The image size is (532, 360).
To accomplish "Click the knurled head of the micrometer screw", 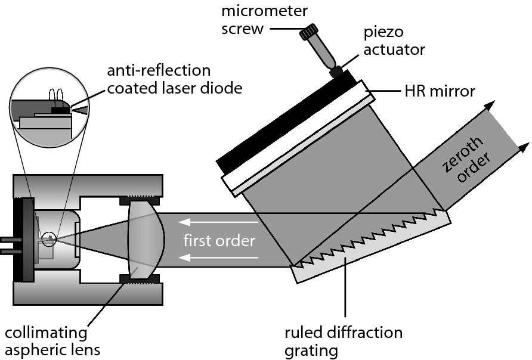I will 311,33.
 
